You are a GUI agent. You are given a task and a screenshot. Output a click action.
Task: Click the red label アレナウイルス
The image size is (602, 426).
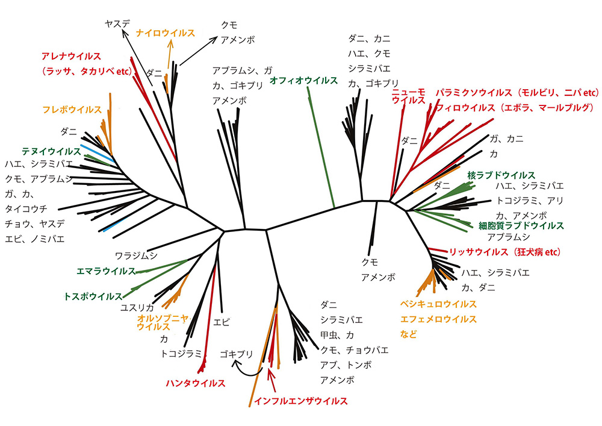coord(70,56)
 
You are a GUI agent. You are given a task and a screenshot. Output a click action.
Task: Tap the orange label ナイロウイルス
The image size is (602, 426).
coord(166,33)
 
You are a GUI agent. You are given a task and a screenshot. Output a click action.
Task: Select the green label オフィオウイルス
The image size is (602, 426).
coord(304,80)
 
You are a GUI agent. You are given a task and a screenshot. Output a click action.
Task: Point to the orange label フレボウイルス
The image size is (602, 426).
coord(72,110)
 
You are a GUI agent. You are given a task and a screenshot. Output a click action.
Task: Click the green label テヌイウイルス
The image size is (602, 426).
coord(51,151)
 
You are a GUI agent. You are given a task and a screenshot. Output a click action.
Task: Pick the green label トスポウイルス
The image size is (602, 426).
coord(93,296)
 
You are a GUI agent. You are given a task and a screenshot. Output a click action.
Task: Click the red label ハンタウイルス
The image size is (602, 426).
coord(196,383)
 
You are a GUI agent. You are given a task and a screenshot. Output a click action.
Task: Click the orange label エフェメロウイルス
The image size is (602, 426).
coord(438,319)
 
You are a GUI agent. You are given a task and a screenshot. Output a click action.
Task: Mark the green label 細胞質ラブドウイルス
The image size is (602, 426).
coord(521,225)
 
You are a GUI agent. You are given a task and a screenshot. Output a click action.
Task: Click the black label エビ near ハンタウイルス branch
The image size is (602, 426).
coord(222,322)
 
